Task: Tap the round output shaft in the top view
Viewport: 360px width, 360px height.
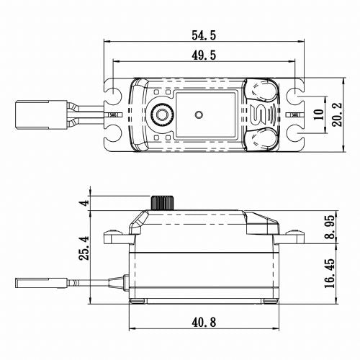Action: tap(164, 114)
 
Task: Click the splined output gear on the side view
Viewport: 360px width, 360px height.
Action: tap(164, 202)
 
